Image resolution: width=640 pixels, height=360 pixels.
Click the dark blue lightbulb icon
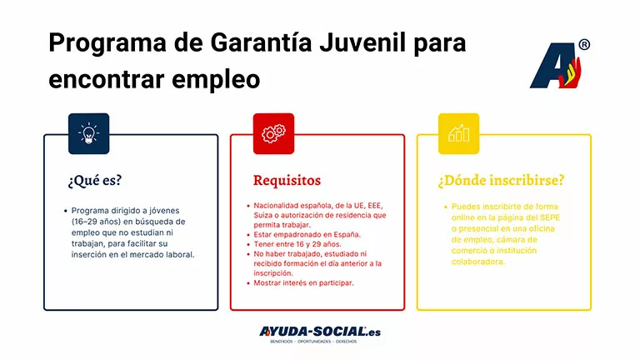pos(88,133)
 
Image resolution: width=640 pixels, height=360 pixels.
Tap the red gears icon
pos(273,133)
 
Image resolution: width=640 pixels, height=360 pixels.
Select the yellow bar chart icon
pos(458,133)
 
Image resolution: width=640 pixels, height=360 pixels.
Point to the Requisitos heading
pos(287,181)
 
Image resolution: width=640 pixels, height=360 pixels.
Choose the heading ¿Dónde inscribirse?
pos(501,181)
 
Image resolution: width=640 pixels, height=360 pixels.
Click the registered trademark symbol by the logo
pos(584,45)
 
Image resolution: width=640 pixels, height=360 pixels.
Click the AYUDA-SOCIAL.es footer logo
pos(320,332)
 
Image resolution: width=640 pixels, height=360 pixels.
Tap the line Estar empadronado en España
pos(300,235)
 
